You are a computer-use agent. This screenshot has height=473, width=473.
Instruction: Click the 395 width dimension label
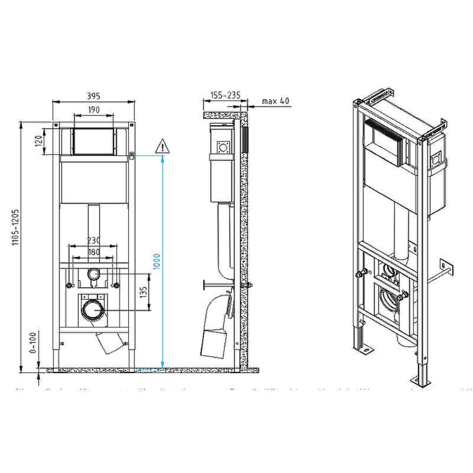click(x=93, y=96)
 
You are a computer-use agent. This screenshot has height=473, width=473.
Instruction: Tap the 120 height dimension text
click(x=40, y=141)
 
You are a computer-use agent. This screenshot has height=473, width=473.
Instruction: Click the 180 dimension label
click(x=93, y=253)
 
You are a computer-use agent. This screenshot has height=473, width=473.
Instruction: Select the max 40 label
click(x=275, y=101)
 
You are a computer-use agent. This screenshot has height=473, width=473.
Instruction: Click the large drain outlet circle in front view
click(x=93, y=310)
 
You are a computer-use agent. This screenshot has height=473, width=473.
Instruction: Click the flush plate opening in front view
click(x=94, y=141)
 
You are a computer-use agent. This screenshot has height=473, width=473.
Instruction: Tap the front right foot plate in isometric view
click(x=421, y=380)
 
